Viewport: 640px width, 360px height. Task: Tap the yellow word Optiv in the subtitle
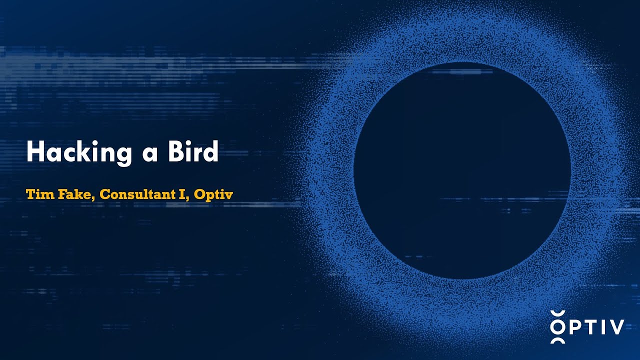click(x=213, y=195)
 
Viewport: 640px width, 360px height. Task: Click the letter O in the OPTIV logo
click(x=557, y=327)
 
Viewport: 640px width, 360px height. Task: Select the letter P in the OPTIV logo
click(x=574, y=327)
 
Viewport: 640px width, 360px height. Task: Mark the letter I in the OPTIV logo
click(x=603, y=327)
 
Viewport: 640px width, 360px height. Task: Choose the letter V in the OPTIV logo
click(x=616, y=327)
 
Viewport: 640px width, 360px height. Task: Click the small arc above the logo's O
click(x=557, y=313)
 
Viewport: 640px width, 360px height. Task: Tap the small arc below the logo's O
click(x=557, y=341)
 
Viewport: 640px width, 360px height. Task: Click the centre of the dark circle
click(x=462, y=170)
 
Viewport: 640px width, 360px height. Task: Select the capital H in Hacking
click(x=34, y=151)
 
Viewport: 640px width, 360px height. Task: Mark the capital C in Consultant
click(x=104, y=194)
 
